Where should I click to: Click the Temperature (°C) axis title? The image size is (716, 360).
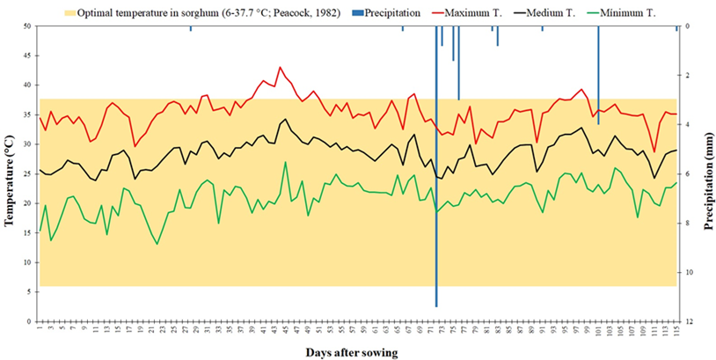pyautogui.click(x=9, y=174)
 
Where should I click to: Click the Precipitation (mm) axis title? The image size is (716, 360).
pyautogui.click(x=707, y=174)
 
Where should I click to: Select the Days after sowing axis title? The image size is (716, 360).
pyautogui.click(x=352, y=352)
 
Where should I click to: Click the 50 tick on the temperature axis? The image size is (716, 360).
pyautogui.click(x=26, y=26)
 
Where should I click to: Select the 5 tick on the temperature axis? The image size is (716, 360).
pyautogui.click(x=29, y=292)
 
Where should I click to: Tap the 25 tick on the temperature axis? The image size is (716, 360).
pyautogui.click(x=26, y=174)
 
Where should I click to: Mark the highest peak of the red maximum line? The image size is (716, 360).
pyautogui.click(x=281, y=67)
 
